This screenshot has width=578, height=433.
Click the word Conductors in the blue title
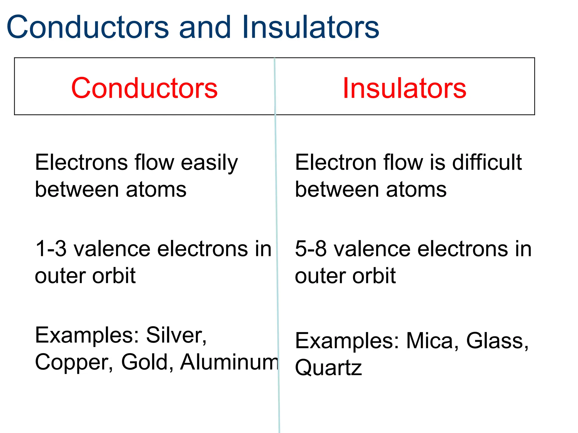(x=88, y=27)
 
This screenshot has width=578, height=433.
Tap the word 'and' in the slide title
(x=205, y=27)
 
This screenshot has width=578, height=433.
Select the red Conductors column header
(x=144, y=88)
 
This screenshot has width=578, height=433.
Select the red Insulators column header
(x=404, y=88)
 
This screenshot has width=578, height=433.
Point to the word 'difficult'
(x=487, y=163)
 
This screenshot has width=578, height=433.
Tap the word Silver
(x=176, y=335)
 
